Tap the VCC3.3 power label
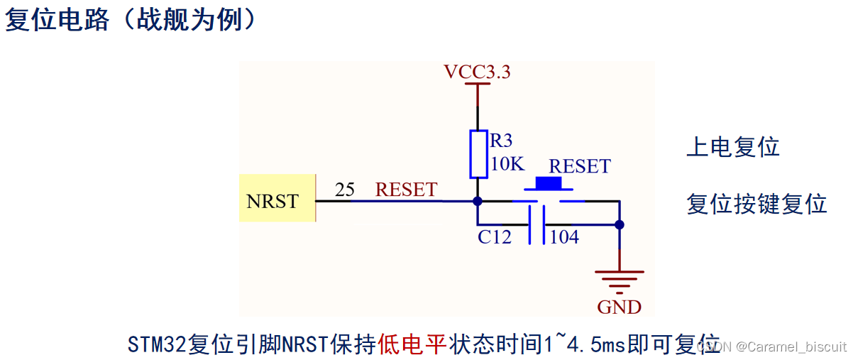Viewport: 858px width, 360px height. [x=477, y=72]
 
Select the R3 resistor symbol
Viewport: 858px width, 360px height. [x=478, y=153]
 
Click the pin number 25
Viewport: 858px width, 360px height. [x=345, y=190]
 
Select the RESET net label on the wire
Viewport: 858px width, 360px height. [x=406, y=190]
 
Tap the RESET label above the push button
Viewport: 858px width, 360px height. [x=579, y=166]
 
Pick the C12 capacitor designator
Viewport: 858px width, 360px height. [x=495, y=237]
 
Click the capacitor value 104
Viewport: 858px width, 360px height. [x=565, y=237]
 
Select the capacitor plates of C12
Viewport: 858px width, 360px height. [x=537, y=225]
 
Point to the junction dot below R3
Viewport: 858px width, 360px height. [x=478, y=201]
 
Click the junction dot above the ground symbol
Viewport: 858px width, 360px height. [x=620, y=224]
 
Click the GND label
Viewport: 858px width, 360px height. [x=620, y=307]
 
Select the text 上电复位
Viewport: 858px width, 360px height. [x=733, y=147]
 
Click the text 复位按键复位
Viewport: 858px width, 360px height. [x=757, y=204]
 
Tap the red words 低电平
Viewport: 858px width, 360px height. [x=412, y=344]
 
